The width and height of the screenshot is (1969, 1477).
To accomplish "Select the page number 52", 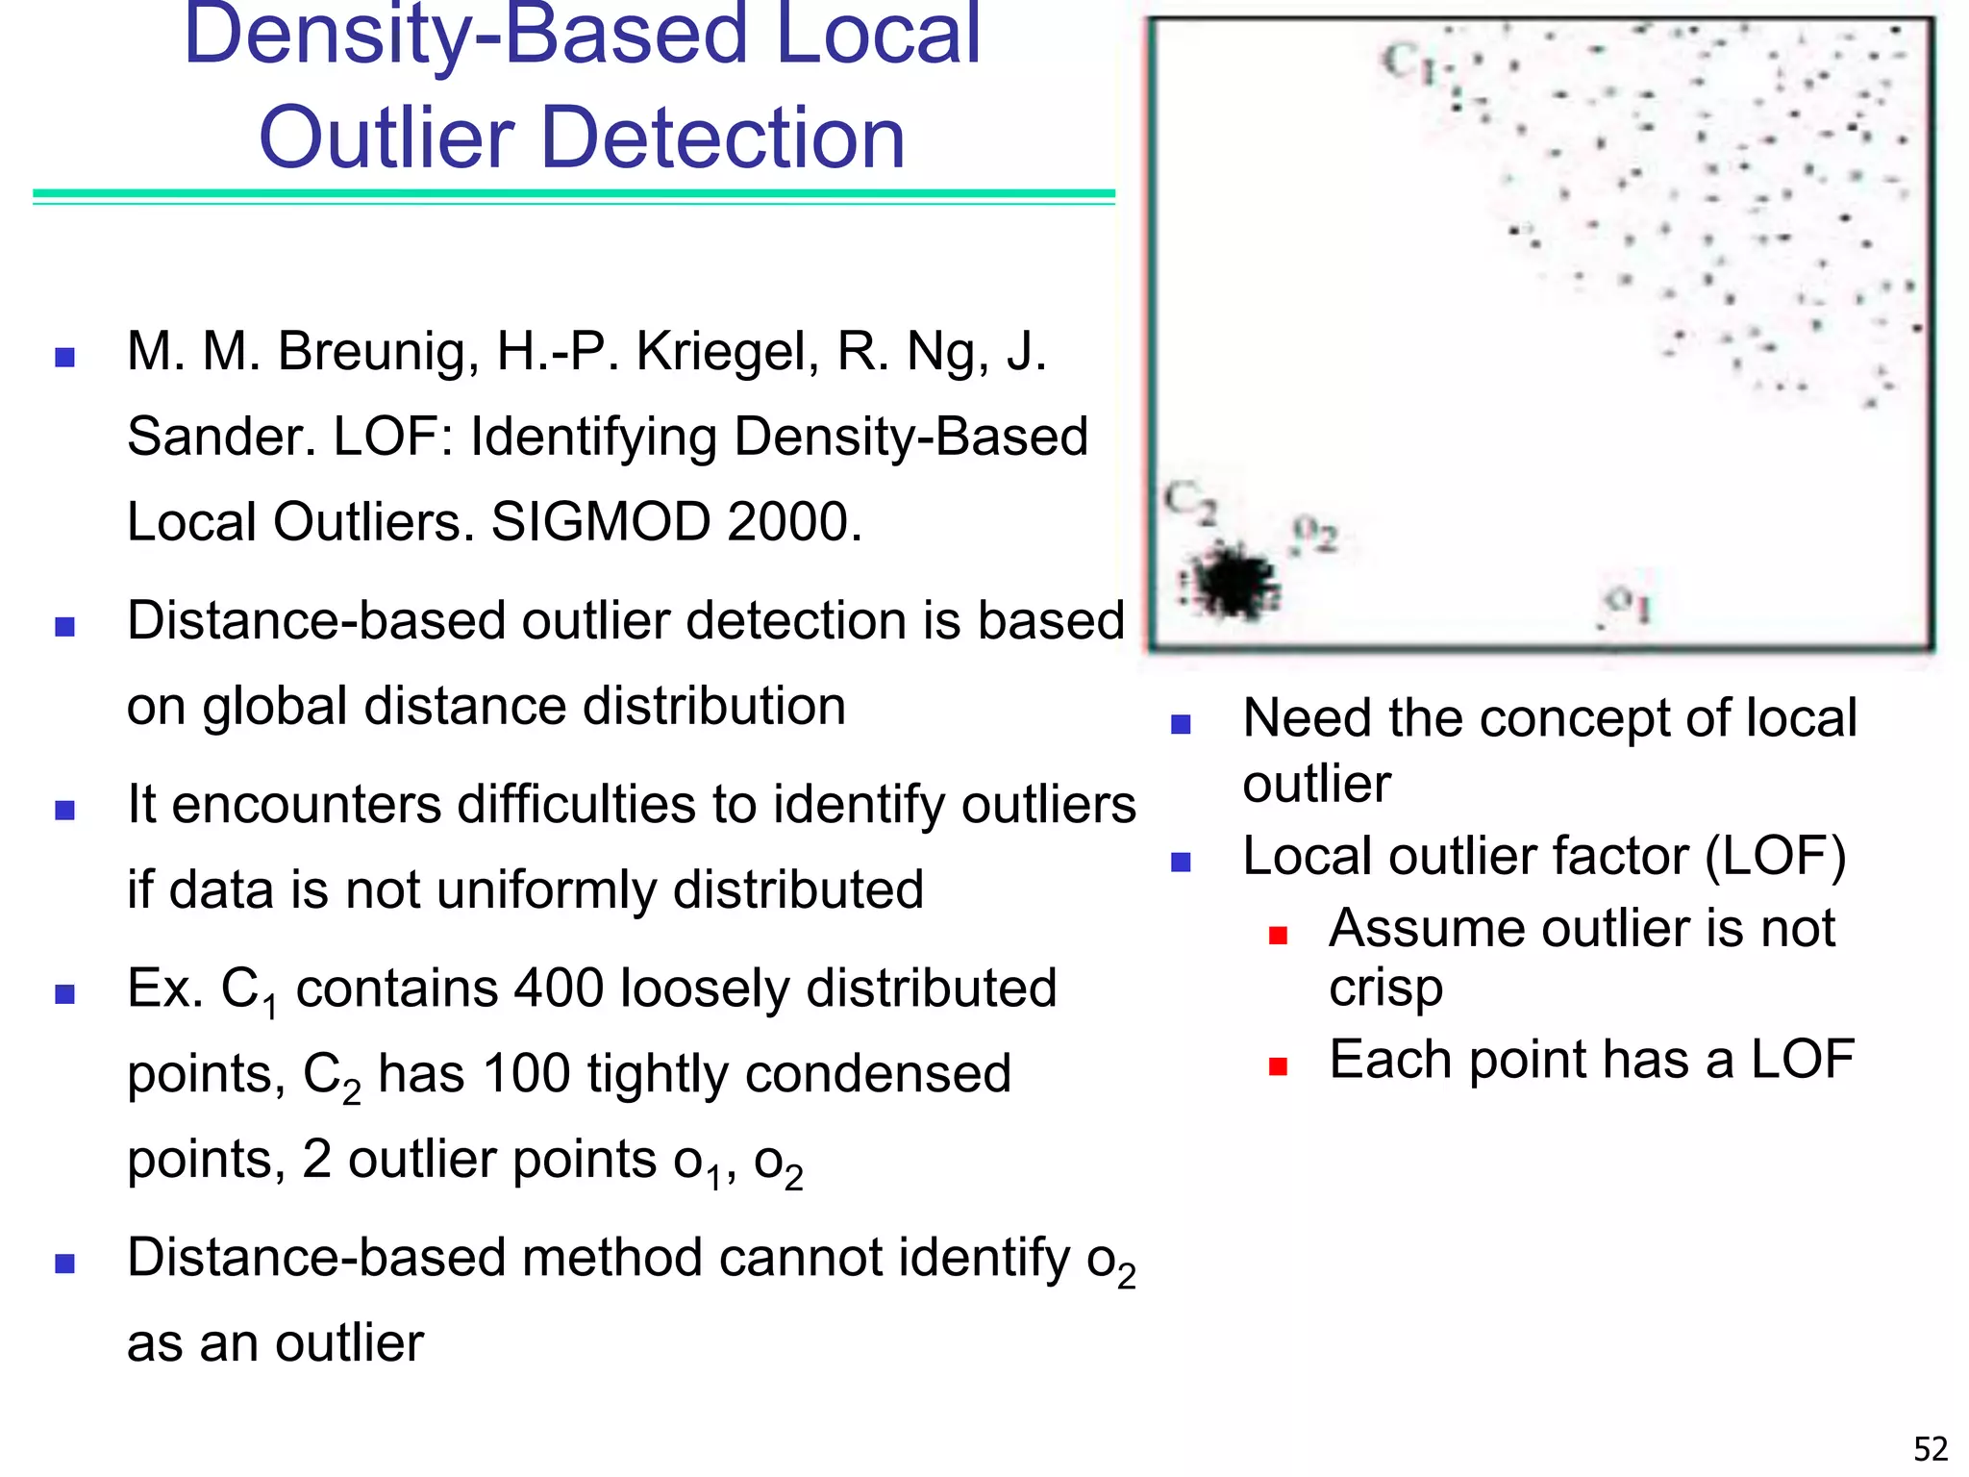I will coord(1931,1448).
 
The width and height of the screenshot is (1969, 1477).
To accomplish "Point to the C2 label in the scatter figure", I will coord(1190,502).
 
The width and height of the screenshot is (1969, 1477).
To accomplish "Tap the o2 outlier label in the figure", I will coord(1314,534).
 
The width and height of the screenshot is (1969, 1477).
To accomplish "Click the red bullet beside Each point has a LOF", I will coord(1278,1065).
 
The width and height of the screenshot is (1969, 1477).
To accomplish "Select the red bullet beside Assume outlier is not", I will coord(1278,935).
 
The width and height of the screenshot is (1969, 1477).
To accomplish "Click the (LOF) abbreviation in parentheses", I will coord(1775,856).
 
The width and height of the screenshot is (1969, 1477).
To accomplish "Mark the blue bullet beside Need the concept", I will coord(1182,724).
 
